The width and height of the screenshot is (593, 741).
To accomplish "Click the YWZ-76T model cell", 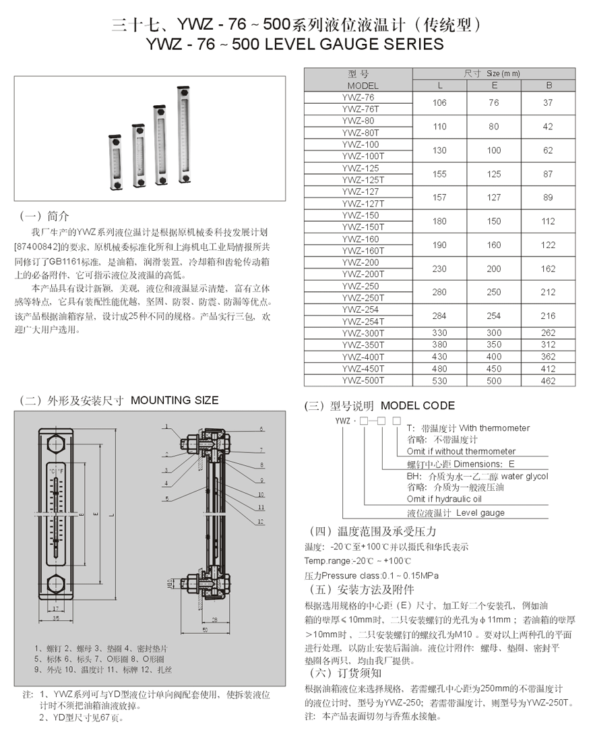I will (x=363, y=109).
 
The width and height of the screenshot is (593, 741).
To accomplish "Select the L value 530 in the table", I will (x=439, y=380).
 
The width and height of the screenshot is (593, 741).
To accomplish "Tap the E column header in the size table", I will (x=494, y=86).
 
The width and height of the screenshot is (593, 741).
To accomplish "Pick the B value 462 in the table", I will (x=548, y=380).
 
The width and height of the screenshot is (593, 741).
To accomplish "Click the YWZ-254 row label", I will (x=360, y=310).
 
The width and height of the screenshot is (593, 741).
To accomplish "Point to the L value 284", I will (x=439, y=316).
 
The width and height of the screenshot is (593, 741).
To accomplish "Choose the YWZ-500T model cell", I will (x=363, y=380).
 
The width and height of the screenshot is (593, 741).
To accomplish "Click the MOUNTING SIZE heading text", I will (x=175, y=401).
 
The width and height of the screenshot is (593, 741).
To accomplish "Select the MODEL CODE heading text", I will (x=418, y=406).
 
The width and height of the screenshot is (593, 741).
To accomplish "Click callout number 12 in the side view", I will (x=259, y=522).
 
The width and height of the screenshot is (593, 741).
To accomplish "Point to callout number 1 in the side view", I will (x=165, y=426).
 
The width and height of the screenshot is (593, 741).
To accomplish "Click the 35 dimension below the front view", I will (x=57, y=617).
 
